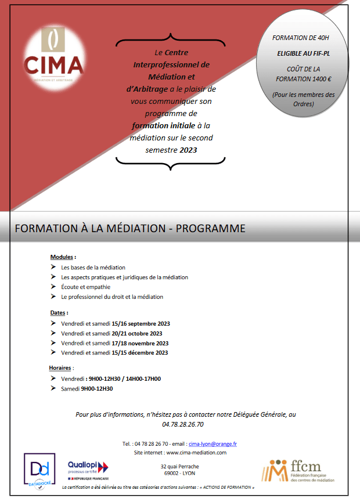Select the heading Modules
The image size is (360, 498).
tap(62, 257)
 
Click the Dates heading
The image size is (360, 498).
tap(59, 313)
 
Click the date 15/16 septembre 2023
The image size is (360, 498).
tap(141, 323)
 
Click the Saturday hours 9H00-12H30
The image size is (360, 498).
tap(96, 388)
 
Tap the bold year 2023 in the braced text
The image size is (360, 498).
tap(188, 150)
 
